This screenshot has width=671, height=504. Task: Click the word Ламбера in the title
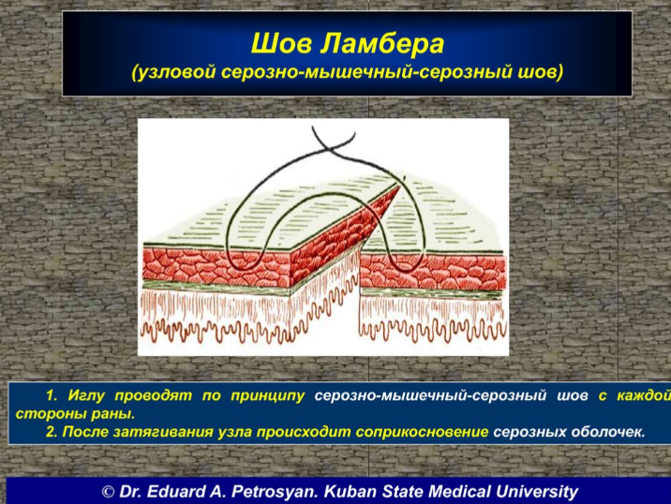[382, 44]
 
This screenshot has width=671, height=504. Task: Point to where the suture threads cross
[329, 148]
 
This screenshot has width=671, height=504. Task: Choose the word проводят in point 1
[153, 396]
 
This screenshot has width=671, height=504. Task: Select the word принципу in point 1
[267, 396]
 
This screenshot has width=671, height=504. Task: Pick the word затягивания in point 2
[162, 432]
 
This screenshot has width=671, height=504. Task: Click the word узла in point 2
[234, 431]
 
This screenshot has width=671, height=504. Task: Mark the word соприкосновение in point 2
[422, 431]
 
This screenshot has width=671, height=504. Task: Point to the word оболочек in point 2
[607, 431]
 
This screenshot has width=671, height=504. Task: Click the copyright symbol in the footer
[109, 492]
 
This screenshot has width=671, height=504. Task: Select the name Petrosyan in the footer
[275, 492]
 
